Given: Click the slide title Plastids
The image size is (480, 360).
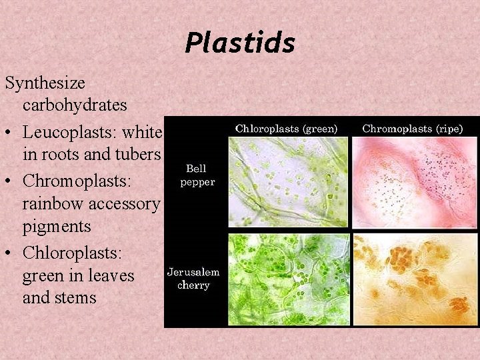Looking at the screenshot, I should pyautogui.click(x=240, y=43).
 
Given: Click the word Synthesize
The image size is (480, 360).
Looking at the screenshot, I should pyautogui.click(x=45, y=83).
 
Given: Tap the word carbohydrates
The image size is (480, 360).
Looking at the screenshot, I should pyautogui.click(x=75, y=105).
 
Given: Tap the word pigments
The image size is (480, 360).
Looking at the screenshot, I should pyautogui.click(x=56, y=227).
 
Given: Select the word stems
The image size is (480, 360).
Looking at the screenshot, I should pyautogui.click(x=77, y=297).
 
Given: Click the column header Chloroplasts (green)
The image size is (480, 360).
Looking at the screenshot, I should pyautogui.click(x=287, y=128).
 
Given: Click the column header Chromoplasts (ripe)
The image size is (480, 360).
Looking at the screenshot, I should pyautogui.click(x=412, y=128).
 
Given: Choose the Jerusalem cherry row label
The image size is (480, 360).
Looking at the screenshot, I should pyautogui.click(x=193, y=279).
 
